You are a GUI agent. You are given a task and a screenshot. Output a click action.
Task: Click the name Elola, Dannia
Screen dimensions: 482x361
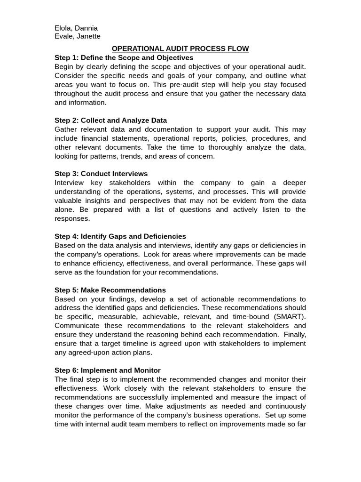pos(76,28)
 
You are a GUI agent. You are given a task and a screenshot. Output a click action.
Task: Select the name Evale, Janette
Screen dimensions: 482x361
pos(77,37)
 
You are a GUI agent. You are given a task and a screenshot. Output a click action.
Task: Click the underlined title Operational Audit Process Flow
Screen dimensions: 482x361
pos(180,48)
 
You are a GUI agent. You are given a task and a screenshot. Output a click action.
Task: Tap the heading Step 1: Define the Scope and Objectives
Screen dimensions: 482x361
pos(124,57)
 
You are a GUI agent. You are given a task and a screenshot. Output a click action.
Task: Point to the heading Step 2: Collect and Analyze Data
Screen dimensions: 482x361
pos(110,120)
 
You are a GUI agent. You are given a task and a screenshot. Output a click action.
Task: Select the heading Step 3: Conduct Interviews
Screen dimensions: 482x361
pos(101,174)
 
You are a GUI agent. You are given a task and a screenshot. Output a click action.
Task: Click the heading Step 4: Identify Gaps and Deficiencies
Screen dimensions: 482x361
pos(120,236)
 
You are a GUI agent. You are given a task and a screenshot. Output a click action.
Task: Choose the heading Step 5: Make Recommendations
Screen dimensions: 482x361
pos(110,290)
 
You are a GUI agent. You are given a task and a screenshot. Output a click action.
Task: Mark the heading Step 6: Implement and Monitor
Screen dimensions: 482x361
pos(108,370)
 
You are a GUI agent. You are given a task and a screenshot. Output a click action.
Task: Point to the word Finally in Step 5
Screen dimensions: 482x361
pos(295,335)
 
